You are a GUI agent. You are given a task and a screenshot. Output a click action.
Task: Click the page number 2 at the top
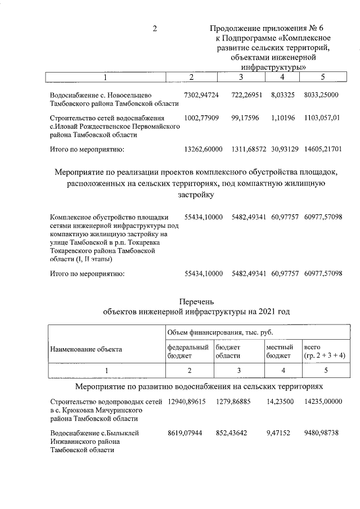155,28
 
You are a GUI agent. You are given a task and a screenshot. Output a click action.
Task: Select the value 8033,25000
321,95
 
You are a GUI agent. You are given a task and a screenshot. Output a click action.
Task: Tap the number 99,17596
247,118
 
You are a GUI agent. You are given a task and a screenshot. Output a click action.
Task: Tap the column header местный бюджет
279,352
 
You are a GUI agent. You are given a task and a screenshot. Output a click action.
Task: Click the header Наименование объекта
86,349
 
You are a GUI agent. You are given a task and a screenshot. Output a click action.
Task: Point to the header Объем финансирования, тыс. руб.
219,334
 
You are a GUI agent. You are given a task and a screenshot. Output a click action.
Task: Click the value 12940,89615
187,402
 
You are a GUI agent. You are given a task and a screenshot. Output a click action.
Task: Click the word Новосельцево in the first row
132,96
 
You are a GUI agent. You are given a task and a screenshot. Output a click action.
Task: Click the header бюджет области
228,352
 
